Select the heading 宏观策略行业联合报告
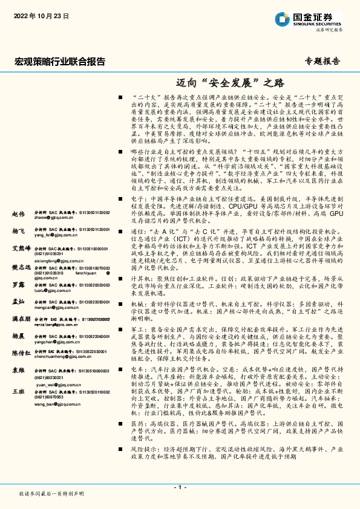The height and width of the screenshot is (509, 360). pyautogui.click(x=59, y=61)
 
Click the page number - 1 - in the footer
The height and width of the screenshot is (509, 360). pyautogui.click(x=180, y=487)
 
